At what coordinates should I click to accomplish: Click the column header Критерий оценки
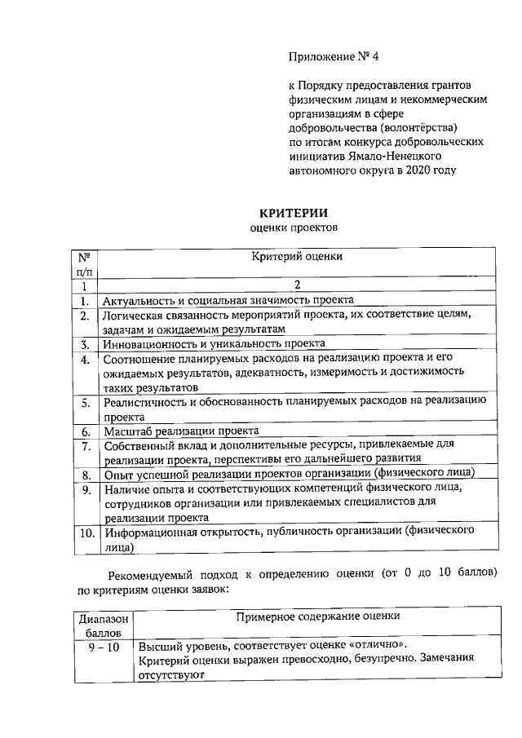(297, 255)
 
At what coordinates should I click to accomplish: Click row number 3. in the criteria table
(84, 344)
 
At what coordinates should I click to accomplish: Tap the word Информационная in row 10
(152, 533)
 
